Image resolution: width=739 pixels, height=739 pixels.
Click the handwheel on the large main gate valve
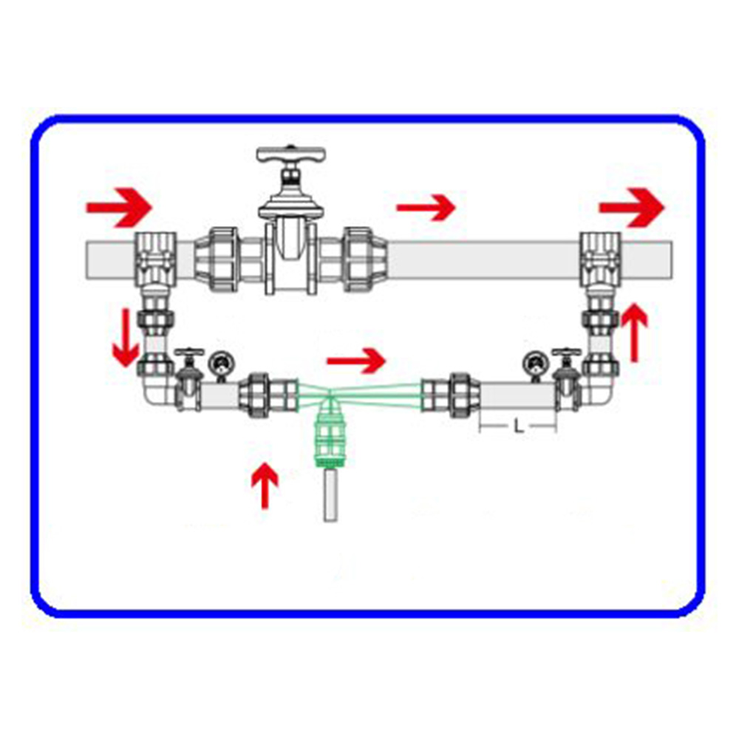coord(290,155)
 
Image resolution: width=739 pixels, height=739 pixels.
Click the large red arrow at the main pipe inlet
coord(119,208)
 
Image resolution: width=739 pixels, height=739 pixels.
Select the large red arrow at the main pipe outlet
coord(632,208)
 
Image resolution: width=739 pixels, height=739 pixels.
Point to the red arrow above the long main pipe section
coord(426,208)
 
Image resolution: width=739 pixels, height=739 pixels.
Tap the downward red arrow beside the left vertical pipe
coord(126,338)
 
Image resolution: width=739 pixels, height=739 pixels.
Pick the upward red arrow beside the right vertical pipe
coord(634,333)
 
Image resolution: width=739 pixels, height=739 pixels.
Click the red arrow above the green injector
coord(356,361)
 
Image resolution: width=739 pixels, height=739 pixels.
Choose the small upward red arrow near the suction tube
coord(265,486)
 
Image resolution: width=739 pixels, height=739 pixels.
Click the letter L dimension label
coord(519,427)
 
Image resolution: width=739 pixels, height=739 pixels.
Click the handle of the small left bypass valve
coord(189,352)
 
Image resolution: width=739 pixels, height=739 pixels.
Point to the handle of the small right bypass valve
coord(566,352)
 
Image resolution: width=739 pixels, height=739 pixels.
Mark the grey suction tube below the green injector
coord(330,494)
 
